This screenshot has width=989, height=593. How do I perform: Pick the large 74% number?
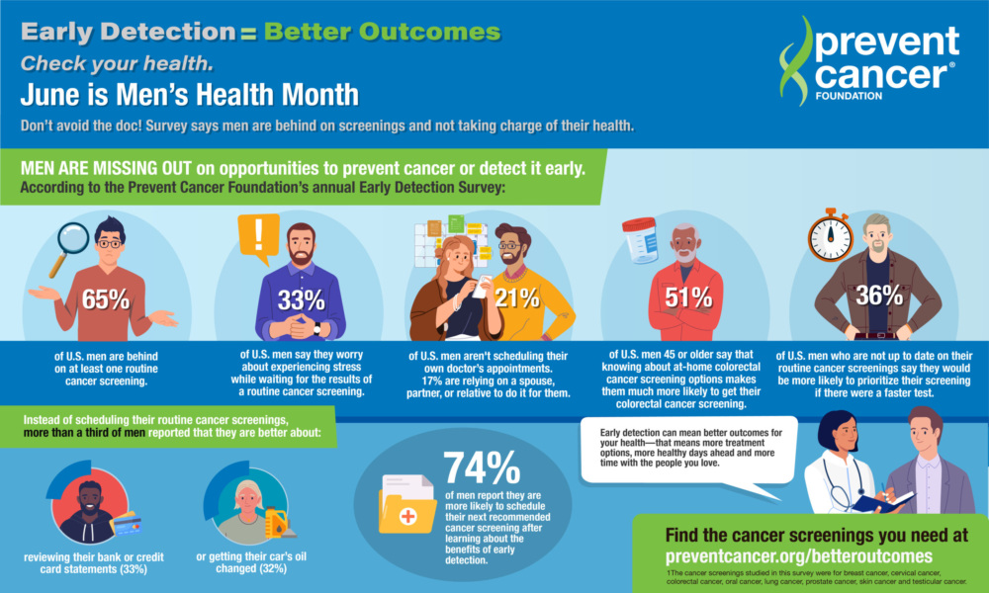482,467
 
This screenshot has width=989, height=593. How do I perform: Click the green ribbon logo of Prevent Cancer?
795,59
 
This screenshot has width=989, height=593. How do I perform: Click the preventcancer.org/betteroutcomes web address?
799,555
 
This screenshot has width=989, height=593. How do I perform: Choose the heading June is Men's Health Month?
189,96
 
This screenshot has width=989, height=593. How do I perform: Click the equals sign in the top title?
246,33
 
